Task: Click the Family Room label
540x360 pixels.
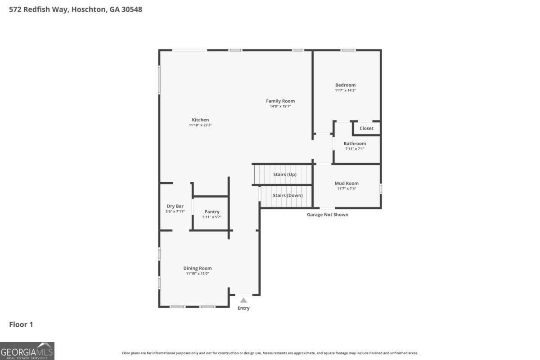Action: (280, 101)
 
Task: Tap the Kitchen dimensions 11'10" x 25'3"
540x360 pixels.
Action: (200, 125)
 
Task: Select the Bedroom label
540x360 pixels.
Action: (345, 85)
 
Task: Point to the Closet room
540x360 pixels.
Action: (366, 128)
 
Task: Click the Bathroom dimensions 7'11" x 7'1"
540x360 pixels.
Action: (355, 149)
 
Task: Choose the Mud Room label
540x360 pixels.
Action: (346, 183)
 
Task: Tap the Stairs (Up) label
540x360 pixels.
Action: (285, 174)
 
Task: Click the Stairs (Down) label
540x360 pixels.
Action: (288, 195)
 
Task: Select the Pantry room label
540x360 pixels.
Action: (212, 211)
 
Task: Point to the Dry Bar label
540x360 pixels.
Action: (175, 206)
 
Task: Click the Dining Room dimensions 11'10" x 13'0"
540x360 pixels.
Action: (198, 274)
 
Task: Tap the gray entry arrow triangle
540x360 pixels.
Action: (243, 300)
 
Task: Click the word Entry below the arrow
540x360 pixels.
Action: (243, 308)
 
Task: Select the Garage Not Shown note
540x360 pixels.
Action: (328, 215)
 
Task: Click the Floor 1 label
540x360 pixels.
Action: (21, 324)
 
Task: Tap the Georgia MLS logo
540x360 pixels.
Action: (27, 351)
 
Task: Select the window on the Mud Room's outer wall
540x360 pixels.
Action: (381, 189)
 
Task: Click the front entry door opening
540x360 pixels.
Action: (244, 295)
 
